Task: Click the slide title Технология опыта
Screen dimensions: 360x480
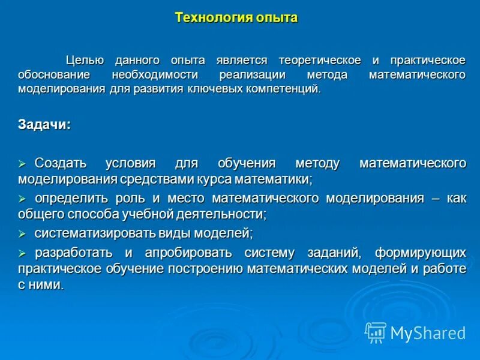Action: tap(236, 17)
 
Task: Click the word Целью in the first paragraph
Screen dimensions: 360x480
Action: tap(86, 60)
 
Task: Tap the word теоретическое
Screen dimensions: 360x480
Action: tap(319, 60)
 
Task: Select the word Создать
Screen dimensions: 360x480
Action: tap(61, 163)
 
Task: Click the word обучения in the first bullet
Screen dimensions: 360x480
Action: tap(247, 163)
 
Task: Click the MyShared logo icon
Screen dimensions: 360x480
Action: tap(376, 332)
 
